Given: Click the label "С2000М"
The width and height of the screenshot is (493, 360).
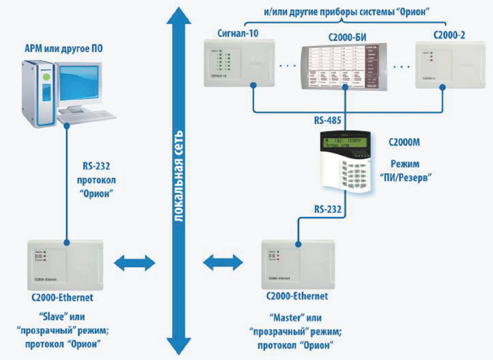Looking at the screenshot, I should (x=404, y=142).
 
